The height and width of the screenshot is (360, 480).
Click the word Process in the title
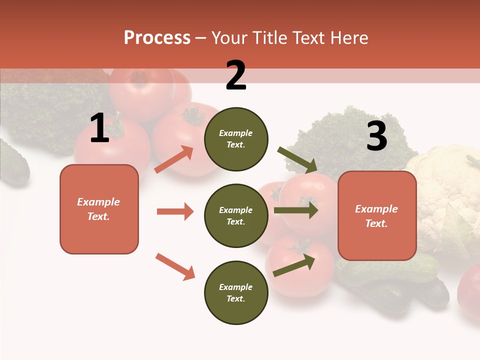click(x=157, y=38)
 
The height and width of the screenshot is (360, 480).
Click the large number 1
click(x=99, y=128)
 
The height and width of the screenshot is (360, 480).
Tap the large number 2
click(x=236, y=75)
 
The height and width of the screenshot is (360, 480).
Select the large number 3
click(x=376, y=136)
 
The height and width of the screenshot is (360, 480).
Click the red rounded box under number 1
click(x=99, y=209)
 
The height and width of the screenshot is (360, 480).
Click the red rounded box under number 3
click(x=377, y=215)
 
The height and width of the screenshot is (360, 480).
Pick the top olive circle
click(x=236, y=139)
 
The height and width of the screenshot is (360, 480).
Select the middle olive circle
click(x=236, y=215)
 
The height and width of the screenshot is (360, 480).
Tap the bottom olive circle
click(x=236, y=292)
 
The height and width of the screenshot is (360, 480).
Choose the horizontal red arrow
click(x=175, y=211)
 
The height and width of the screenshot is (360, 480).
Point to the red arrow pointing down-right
click(x=175, y=266)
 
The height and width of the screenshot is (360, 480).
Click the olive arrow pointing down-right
click(x=297, y=159)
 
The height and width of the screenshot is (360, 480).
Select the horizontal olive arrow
click(x=295, y=210)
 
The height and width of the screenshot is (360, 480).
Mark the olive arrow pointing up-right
click(x=294, y=265)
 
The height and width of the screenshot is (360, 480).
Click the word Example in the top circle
click(x=236, y=133)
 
